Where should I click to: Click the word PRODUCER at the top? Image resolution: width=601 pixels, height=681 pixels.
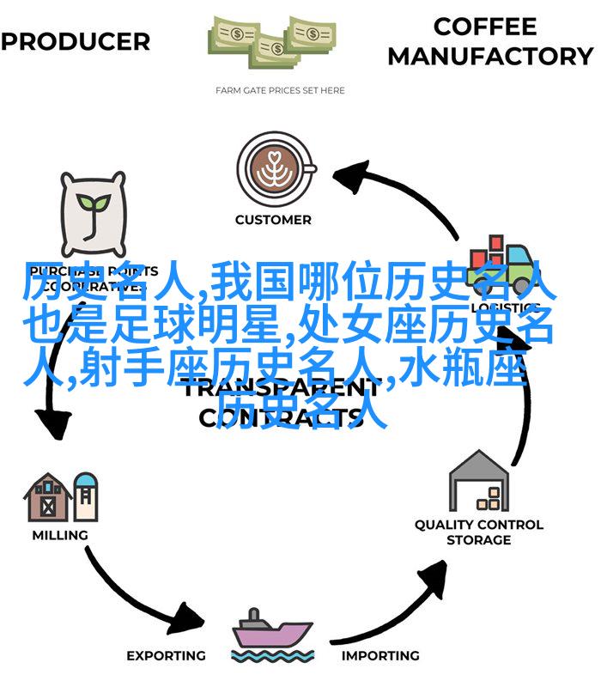pyautogui.click(x=76, y=41)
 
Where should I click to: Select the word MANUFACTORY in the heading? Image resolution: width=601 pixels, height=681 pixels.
pyautogui.click(x=490, y=57)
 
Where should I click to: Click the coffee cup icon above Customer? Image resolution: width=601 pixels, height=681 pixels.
pyautogui.click(x=272, y=165)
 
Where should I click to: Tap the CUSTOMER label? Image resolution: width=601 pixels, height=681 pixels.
pyautogui.click(x=272, y=220)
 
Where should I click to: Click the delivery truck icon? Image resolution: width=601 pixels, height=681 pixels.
pyautogui.click(x=504, y=262)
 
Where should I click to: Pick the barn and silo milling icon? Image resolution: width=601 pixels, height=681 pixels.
pyautogui.click(x=59, y=497)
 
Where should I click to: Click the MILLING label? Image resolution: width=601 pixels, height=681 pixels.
pyautogui.click(x=59, y=535)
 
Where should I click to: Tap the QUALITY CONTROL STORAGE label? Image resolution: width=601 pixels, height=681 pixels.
pyautogui.click(x=479, y=532)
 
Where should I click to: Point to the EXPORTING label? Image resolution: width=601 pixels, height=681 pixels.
pyautogui.click(x=166, y=656)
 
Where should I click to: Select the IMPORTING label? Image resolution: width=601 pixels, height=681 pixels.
pyautogui.click(x=380, y=656)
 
